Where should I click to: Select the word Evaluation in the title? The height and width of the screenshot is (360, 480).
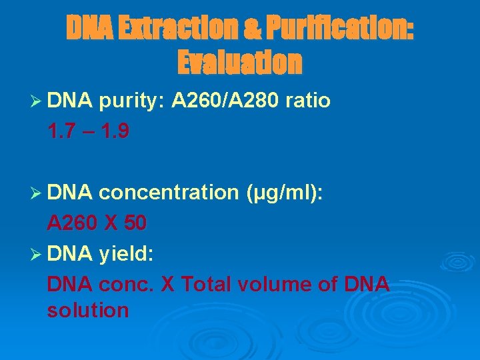[239, 62]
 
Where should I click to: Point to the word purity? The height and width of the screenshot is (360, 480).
[131, 101]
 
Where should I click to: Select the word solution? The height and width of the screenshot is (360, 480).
[88, 310]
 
